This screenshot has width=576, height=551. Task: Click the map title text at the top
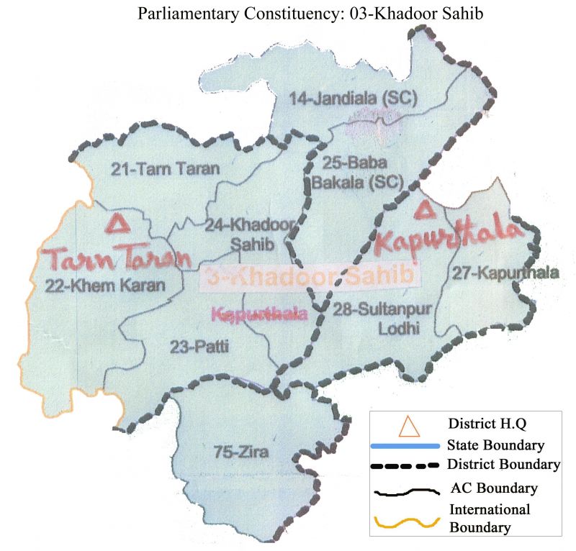click(x=288, y=12)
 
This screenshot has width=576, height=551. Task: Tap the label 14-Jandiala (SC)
click(x=354, y=99)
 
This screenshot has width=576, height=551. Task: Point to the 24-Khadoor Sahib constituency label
click(x=250, y=234)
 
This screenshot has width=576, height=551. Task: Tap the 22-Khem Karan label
click(x=105, y=285)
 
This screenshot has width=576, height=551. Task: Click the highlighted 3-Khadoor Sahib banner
click(x=310, y=276)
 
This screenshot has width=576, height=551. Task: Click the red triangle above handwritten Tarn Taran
click(x=115, y=223)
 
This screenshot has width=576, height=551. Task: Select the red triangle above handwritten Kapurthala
click(x=426, y=210)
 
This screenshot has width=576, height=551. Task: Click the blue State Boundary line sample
click(x=404, y=447)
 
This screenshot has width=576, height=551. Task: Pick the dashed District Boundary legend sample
click(x=404, y=465)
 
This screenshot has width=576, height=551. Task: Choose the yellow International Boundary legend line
click(x=404, y=522)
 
